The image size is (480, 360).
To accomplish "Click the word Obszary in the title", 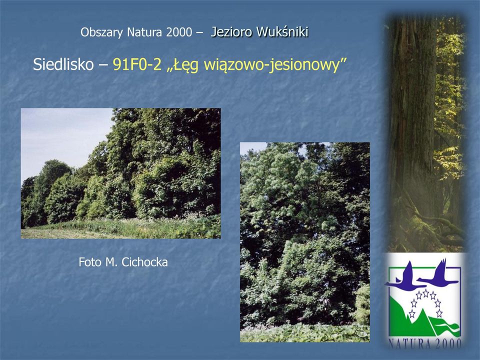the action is coord(101,32).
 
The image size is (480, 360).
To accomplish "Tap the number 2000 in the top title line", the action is coord(179,32).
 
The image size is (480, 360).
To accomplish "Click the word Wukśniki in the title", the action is coord(282,32).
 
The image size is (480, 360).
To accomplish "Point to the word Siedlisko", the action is coord(63,64).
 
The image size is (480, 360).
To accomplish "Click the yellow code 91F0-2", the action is coord(137,64).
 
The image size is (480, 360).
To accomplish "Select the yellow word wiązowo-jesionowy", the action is coord(271,65).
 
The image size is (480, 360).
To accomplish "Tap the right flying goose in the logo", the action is coord(438,272).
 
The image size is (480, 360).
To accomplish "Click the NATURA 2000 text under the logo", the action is coord(425,343).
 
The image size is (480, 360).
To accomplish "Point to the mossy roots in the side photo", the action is coord(428,226).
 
